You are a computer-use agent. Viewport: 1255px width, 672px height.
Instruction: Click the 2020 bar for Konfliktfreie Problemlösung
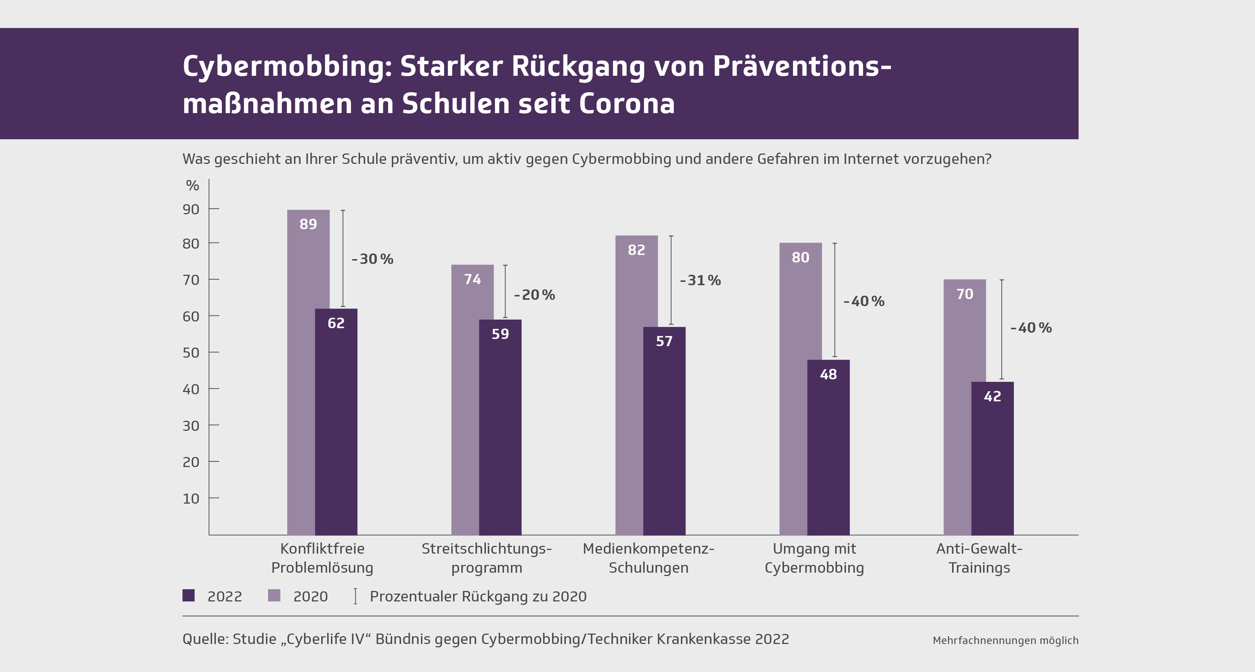(301, 370)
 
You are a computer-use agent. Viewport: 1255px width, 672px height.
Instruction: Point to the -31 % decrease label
(700, 280)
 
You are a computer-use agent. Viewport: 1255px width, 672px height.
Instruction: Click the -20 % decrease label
(534, 295)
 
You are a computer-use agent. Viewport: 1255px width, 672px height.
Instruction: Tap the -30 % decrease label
(372, 259)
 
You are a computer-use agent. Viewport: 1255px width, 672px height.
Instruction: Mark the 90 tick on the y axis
(191, 209)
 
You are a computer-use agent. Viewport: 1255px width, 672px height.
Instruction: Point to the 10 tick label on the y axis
(191, 499)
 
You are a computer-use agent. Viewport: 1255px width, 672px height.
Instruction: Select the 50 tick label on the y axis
(191, 352)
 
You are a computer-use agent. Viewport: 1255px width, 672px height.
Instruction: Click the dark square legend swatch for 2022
(189, 595)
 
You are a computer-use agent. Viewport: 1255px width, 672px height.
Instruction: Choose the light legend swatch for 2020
(274, 595)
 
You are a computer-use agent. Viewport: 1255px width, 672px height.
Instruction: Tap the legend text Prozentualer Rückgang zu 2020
(478, 597)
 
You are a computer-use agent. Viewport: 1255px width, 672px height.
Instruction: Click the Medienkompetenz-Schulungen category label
(648, 558)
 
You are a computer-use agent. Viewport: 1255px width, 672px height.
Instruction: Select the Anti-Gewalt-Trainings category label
(979, 558)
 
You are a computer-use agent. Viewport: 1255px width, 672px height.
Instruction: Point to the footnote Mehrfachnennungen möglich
(1005, 640)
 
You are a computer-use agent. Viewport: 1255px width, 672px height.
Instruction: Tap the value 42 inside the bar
(992, 396)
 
